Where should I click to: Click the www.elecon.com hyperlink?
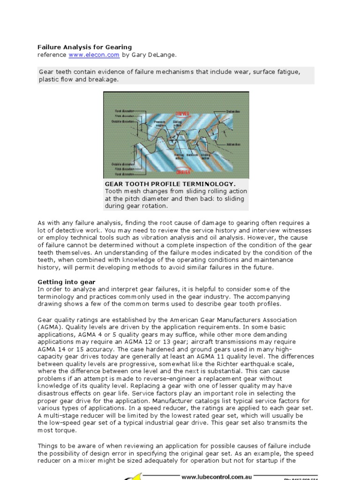pyautogui.click(x=94, y=55)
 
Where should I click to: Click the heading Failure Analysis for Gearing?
pyautogui.click(x=84, y=47)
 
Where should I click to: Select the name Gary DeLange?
pyautogui.click(x=156, y=55)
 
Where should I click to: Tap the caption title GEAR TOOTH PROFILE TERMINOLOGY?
pyautogui.click(x=170, y=184)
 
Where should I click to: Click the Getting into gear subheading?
pyautogui.click(x=66, y=282)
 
